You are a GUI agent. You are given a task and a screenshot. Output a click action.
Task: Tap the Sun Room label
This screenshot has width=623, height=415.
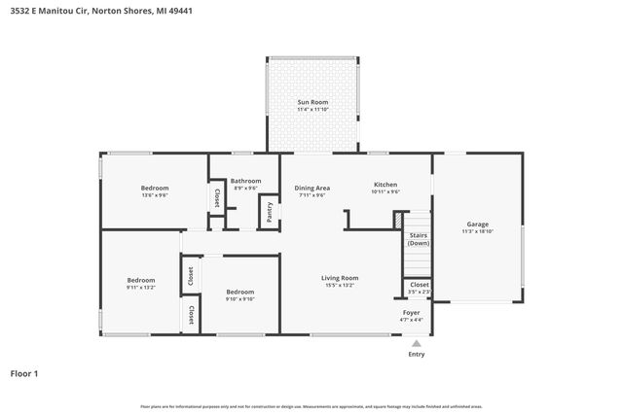click(312, 102)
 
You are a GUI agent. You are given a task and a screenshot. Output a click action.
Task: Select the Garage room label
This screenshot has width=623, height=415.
click(477, 225)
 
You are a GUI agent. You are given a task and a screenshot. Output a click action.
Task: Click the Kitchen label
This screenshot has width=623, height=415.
click(385, 184)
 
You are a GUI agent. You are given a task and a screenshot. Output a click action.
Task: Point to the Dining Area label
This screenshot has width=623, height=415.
click(312, 188)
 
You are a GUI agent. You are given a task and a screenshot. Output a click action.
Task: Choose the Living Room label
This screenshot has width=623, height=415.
click(341, 278)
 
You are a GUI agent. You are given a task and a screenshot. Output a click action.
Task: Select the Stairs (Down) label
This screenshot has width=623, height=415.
click(418, 238)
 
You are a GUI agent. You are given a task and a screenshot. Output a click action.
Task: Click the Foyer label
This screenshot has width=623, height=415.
click(412, 312)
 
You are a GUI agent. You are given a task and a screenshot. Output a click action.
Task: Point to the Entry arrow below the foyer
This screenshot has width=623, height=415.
click(417, 342)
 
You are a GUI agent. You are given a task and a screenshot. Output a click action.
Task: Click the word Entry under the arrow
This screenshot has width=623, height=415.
click(417, 355)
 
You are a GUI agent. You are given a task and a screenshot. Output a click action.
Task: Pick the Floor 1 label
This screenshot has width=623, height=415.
click(24, 372)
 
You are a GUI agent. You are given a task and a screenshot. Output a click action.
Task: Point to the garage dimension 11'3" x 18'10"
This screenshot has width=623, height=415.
click(477, 230)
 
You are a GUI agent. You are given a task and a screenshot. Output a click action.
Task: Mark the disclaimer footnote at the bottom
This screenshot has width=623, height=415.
click(311, 406)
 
